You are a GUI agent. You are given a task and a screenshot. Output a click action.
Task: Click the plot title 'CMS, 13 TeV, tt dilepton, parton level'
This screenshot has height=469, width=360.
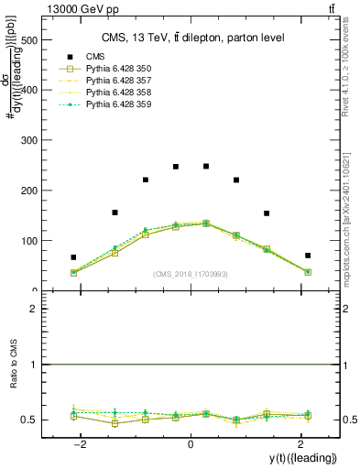(x=192, y=38)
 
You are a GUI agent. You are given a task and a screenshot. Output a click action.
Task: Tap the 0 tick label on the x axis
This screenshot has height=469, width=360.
(x=190, y=444)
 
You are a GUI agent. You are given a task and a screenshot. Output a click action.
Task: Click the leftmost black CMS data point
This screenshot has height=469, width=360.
(x=73, y=257)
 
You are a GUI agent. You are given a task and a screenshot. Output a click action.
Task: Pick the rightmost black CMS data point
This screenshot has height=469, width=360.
(x=308, y=256)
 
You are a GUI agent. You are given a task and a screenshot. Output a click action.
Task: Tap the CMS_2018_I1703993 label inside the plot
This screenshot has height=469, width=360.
(x=191, y=274)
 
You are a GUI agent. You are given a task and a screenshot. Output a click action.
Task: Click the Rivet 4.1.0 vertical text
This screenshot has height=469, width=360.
(x=351, y=69)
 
